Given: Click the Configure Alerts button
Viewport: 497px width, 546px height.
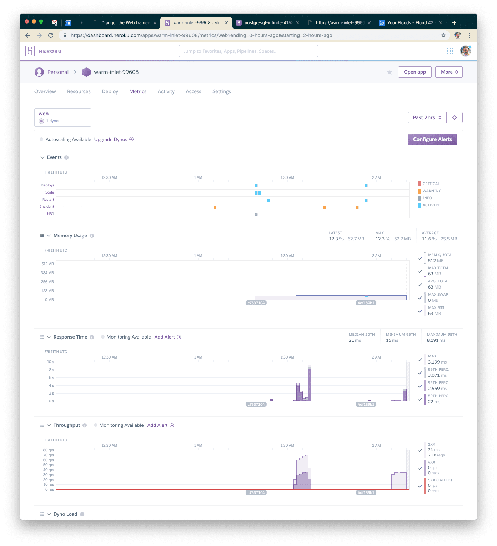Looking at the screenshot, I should (432, 139).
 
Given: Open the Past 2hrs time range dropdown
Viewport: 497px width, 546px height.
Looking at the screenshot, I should (427, 117).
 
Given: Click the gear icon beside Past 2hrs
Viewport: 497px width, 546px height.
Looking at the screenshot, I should (455, 117).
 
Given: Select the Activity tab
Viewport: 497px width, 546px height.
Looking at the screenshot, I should (166, 91).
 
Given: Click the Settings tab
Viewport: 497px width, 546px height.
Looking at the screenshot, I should (221, 91).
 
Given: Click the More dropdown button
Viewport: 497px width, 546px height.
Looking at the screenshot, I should (449, 72).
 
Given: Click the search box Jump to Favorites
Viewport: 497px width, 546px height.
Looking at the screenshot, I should (248, 51).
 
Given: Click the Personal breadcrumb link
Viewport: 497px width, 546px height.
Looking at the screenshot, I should (57, 72).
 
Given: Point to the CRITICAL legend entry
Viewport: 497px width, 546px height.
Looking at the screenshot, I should (431, 184).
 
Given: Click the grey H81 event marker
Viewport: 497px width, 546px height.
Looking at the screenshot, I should (256, 214).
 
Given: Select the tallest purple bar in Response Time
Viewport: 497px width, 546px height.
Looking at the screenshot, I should (310, 384).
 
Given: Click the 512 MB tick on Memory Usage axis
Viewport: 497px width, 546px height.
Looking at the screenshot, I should (47, 264).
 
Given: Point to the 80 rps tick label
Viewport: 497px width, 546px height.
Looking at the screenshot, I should (49, 450).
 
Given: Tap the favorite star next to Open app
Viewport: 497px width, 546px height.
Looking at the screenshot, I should (390, 72).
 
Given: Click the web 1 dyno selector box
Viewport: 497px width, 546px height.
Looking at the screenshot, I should (63, 117).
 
